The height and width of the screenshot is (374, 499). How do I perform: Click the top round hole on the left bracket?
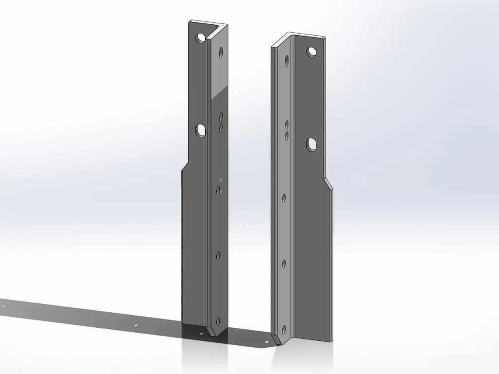[x=200, y=37]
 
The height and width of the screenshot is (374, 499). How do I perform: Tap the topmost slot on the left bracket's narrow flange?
[x=222, y=53]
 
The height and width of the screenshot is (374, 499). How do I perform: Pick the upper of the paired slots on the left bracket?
[x=221, y=116]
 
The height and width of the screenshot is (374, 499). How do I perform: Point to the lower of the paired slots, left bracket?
[x=221, y=127]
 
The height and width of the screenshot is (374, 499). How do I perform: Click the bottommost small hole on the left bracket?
[x=217, y=321]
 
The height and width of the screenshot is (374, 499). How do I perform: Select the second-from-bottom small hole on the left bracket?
[x=218, y=255]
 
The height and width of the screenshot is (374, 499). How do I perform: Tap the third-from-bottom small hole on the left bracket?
[x=219, y=189]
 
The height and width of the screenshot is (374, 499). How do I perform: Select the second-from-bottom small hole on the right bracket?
[x=285, y=264]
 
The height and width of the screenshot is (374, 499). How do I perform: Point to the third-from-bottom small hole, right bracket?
[x=285, y=198]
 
